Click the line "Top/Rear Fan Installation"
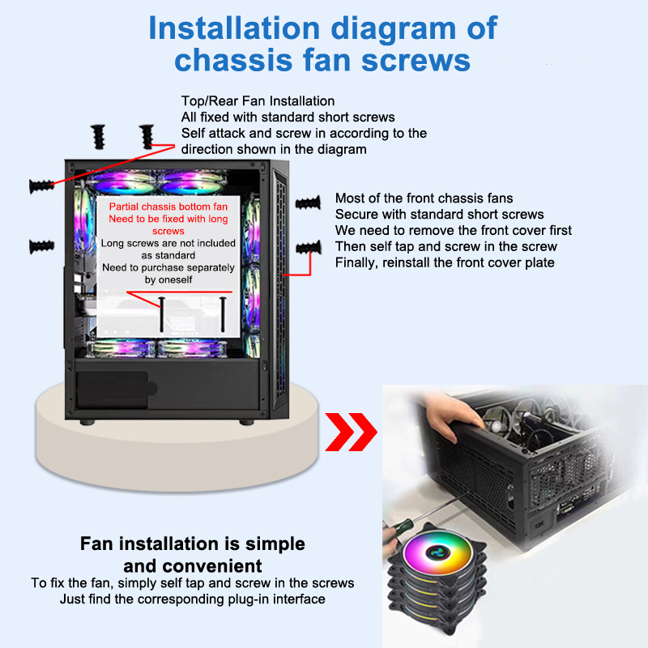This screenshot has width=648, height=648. [258, 101]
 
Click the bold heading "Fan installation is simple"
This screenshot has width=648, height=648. [193, 544]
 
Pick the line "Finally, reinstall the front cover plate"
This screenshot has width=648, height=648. [445, 262]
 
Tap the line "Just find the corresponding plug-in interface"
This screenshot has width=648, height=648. [193, 599]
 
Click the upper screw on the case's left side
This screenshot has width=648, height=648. [41, 185]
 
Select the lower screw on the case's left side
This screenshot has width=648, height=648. [41, 245]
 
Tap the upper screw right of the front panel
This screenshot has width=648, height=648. [309, 203]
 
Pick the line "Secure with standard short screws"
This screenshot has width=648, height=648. [439, 215]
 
